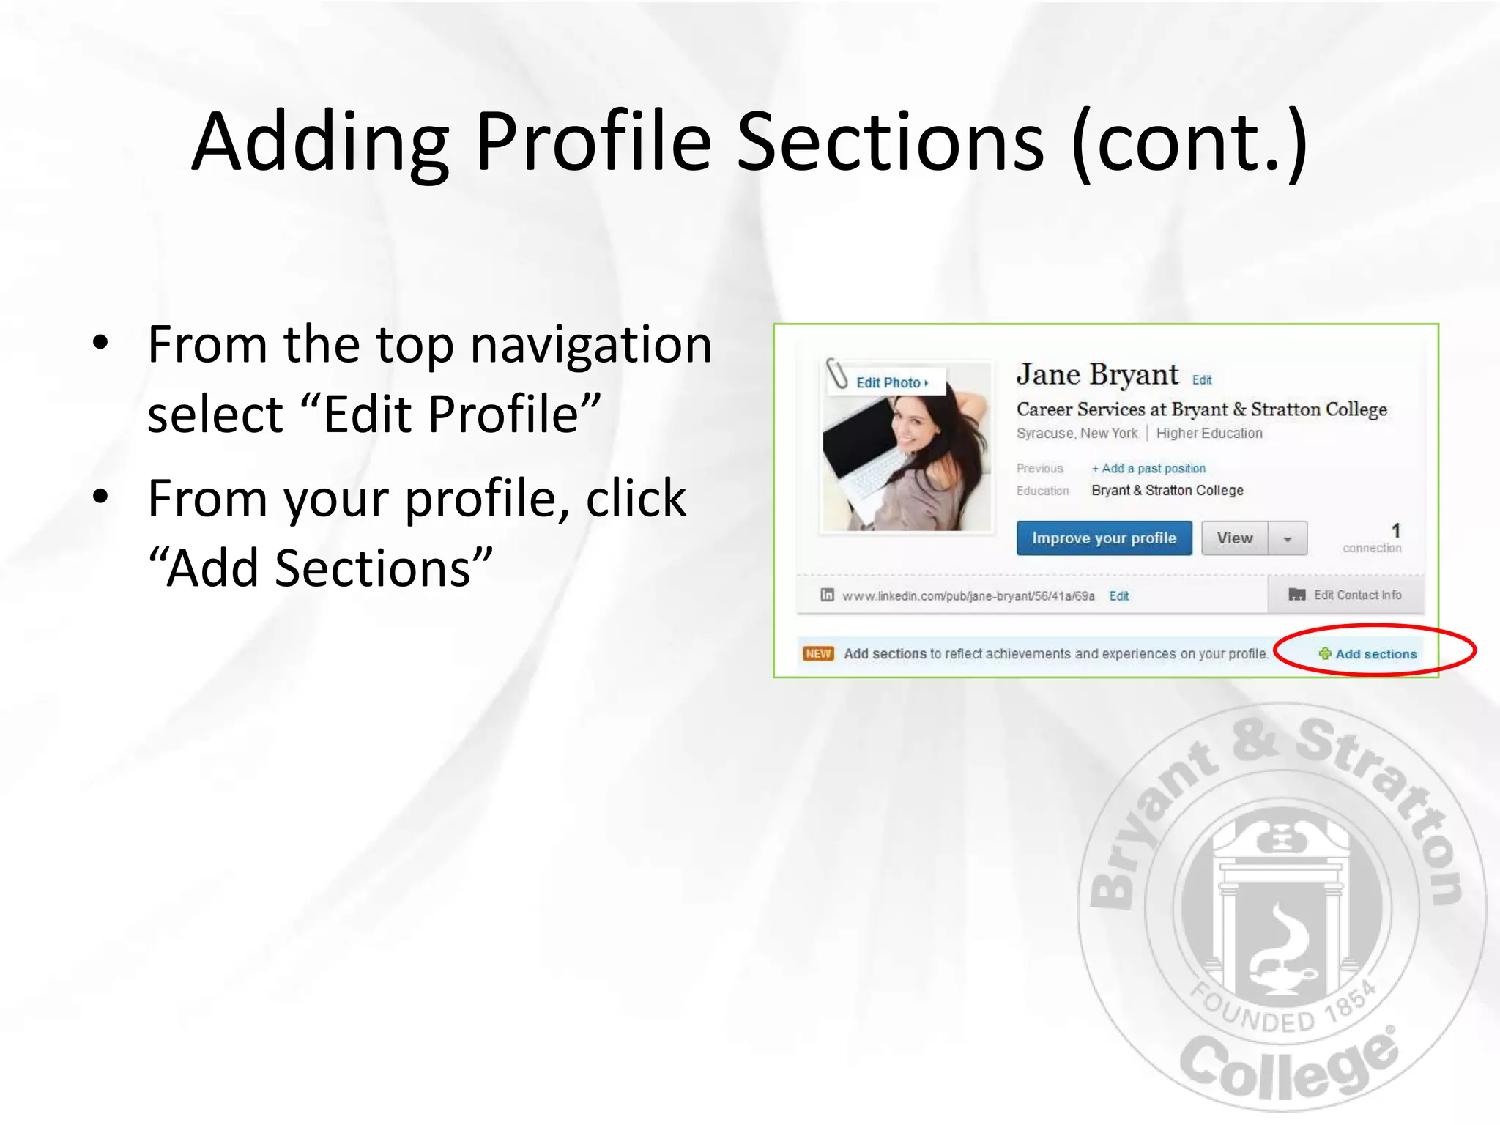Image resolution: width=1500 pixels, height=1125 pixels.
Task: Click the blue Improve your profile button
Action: coord(1104,538)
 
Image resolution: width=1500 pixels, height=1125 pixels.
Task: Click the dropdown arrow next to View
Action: coord(1288,539)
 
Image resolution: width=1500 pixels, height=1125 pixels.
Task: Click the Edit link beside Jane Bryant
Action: coord(1202,380)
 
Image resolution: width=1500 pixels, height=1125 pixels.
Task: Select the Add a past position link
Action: coord(1148,469)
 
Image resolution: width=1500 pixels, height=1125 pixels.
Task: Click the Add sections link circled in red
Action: coord(1368,654)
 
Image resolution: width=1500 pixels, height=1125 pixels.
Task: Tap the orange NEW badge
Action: coord(818,653)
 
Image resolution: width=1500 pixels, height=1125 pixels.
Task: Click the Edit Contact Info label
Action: coord(1357,595)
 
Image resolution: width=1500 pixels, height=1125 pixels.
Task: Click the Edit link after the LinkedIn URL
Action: coord(1119,596)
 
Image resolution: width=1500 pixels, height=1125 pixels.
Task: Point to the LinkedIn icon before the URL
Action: coord(827,595)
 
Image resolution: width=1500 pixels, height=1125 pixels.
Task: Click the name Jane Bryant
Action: coord(1097,375)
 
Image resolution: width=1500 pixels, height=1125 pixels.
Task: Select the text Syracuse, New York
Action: coord(1077,434)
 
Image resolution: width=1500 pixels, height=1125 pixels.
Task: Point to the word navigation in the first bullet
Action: coord(591,344)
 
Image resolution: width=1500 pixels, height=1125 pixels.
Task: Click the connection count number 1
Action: coord(1395,530)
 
